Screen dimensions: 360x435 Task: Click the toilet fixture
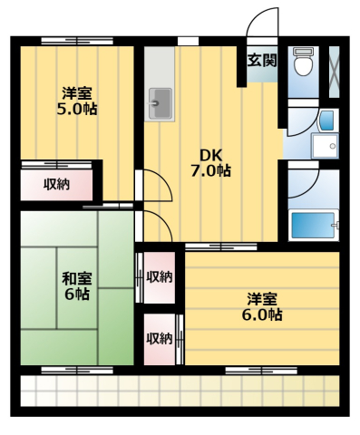(303, 62)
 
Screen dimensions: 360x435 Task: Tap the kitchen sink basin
(161, 103)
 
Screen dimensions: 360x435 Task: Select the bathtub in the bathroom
(313, 225)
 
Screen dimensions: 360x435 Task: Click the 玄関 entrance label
(262, 61)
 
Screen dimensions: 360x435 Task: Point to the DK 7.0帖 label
(210, 163)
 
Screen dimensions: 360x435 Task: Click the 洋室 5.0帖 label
(77, 101)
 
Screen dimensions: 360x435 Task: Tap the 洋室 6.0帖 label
(262, 306)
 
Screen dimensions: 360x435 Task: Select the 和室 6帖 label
(77, 286)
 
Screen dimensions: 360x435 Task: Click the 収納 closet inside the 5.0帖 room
(56, 184)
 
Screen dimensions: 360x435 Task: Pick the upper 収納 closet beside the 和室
(160, 277)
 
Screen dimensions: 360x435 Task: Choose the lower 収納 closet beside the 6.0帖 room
(160, 339)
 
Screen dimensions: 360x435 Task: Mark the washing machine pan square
(325, 146)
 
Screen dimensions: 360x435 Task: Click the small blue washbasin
(326, 121)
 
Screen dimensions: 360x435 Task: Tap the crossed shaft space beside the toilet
(334, 72)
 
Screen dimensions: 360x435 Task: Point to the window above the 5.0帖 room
(77, 41)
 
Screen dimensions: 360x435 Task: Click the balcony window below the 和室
(77, 370)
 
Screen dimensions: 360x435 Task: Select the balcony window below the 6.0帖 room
(261, 370)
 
